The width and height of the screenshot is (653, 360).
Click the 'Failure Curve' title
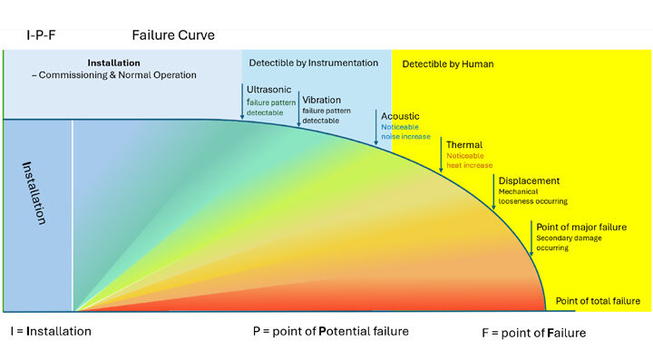point(173,35)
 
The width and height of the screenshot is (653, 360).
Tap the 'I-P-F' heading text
point(41,35)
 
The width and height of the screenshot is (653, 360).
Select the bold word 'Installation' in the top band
point(113,63)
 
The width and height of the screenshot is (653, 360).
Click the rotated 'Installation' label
point(34,193)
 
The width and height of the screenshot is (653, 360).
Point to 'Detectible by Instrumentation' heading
point(314,63)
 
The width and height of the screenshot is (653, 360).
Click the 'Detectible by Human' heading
point(448,64)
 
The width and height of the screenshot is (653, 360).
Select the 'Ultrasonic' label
point(268,90)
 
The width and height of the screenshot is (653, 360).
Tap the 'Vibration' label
point(321,100)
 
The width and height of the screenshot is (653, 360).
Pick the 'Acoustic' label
point(400,116)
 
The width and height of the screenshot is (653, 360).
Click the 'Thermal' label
point(464,145)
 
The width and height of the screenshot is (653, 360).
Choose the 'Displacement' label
point(529,180)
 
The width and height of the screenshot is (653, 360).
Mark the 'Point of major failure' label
point(581,228)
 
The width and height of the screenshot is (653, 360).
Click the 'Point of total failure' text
point(598,301)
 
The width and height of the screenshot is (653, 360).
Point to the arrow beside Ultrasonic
point(242,102)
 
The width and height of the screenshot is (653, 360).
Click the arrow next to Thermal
point(441,155)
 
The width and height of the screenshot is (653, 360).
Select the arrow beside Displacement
point(493,192)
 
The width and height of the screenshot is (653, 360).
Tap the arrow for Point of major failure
point(531,238)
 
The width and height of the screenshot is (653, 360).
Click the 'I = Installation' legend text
point(51,331)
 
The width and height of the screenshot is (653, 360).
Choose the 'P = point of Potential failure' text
point(331,331)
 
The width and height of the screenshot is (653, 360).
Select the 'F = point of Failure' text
point(534,333)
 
